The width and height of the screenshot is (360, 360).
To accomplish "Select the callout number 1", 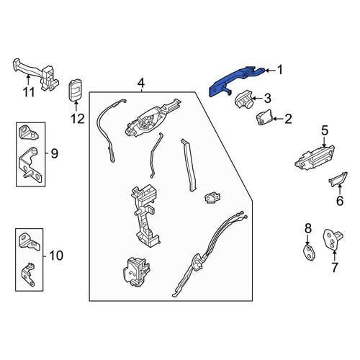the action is point(280,70).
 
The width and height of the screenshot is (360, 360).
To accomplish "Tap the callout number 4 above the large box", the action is point(141,84).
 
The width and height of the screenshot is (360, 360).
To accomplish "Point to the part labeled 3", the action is point(244,99).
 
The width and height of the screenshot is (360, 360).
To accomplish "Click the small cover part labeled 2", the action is point(264,117).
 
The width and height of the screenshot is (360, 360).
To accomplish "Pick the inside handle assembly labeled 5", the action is point(315,157).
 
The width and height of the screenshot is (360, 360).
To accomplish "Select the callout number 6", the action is point(340,201).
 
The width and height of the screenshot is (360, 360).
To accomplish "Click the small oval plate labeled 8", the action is point(309,253).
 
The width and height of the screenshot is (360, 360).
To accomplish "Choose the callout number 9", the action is point(55,153).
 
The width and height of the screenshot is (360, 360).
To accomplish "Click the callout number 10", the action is point(56,256).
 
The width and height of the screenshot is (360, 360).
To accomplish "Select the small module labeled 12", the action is point(75,90).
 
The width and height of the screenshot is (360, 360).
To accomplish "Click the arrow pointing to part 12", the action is point(76,107).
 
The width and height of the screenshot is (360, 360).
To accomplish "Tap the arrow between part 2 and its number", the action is point(278,119).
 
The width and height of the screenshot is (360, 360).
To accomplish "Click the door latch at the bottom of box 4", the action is point(136,272).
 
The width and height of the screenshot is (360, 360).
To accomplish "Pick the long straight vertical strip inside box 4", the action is point(189,165).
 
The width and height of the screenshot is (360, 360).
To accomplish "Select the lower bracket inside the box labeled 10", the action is point(29,274).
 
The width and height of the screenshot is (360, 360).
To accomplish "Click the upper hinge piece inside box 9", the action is point(28,132).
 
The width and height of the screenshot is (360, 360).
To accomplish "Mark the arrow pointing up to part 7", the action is point(334,256).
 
